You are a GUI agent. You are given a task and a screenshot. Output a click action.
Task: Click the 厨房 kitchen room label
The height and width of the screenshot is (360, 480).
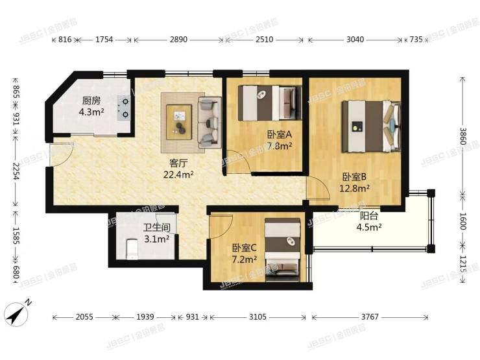(x=91, y=101)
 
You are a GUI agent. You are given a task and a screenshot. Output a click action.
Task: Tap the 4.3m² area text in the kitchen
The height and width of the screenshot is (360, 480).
(x=91, y=112)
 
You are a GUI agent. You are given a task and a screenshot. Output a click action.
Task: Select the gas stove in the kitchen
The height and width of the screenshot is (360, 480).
(x=123, y=108)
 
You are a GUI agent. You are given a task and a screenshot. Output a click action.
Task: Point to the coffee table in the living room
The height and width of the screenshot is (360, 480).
(x=180, y=120)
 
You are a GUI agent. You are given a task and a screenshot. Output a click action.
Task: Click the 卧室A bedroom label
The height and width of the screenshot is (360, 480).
(x=279, y=135)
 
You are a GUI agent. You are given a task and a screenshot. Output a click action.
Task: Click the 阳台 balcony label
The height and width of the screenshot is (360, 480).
(x=368, y=216)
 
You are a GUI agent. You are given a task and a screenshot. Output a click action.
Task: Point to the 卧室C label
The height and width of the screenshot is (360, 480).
(x=244, y=247)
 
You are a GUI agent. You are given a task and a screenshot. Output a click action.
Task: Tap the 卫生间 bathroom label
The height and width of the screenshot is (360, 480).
(x=156, y=228)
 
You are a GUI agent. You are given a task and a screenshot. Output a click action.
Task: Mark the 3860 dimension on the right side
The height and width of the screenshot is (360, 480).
(x=462, y=136)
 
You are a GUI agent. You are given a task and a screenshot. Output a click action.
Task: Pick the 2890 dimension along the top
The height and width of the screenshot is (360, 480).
(x=178, y=40)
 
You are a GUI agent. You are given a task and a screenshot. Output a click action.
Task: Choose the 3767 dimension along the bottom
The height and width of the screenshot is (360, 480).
(x=370, y=317)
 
